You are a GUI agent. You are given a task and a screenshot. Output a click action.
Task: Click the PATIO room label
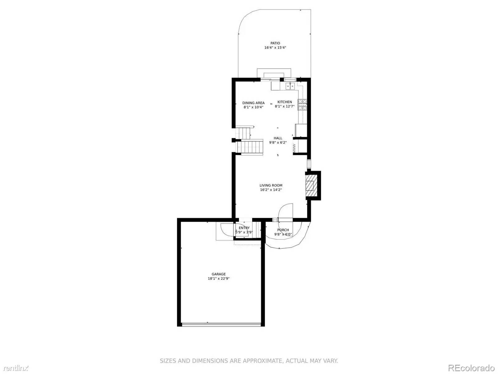tap(275, 43)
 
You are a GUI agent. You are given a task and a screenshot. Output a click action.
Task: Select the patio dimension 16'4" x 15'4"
tap(275, 48)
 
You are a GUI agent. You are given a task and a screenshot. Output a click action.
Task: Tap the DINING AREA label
tap(253, 103)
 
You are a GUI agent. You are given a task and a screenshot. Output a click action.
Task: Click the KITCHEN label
tap(284, 102)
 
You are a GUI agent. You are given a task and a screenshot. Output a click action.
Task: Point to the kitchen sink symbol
tap(290, 86)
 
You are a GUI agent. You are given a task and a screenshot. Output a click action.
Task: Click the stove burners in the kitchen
tap(302, 105)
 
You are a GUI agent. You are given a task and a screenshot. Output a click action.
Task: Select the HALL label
tap(278, 138)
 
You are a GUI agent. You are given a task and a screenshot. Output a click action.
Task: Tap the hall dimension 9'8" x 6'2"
tap(278, 142)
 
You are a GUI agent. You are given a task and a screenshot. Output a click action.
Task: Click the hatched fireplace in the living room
tap(310, 186)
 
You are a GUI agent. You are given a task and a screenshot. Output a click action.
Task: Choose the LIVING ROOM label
tap(271, 185)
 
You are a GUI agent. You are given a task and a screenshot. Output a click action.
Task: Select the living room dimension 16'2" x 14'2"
tap(271, 190)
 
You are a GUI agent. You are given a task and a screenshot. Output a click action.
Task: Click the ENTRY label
tap(244, 228)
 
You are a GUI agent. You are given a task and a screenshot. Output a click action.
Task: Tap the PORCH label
tap(283, 230)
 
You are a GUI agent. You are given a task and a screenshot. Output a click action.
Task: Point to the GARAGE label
tap(218, 274)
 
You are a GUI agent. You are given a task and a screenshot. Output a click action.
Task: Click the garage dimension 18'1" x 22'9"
tap(218, 279)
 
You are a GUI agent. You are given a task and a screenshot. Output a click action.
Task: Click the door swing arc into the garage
tap(225, 230)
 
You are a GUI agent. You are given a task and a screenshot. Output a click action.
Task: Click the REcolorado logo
tap(471, 368)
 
